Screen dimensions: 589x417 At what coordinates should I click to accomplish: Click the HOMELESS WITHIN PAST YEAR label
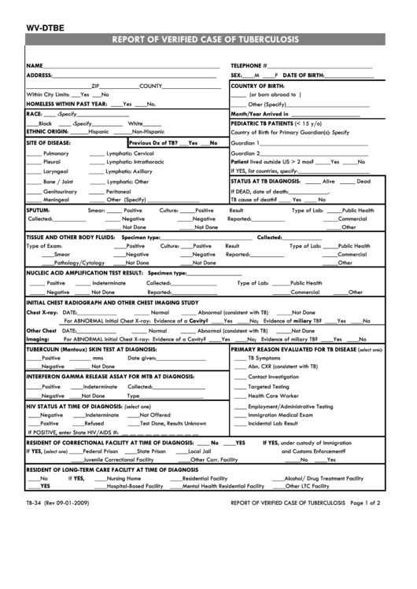[67, 104]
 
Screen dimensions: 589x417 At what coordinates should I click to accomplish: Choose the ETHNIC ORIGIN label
[47, 131]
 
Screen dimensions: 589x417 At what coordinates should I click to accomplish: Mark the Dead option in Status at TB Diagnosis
[363, 181]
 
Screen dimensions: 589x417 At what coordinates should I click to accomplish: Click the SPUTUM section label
[39, 211]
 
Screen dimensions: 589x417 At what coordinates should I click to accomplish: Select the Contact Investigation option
[273, 377]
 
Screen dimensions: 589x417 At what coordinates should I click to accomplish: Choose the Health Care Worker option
[271, 396]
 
